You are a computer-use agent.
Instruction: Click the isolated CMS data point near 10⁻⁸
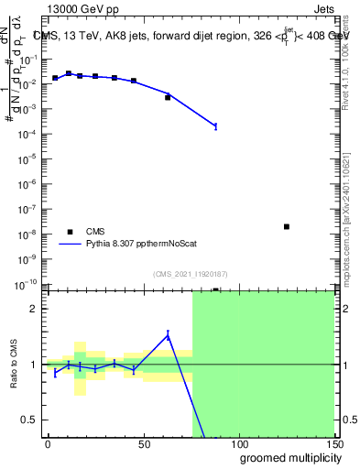(x=287, y=226)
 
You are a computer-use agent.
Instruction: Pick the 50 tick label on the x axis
(x=143, y=443)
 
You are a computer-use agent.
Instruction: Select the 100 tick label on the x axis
(x=238, y=443)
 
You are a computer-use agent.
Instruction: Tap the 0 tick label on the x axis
(x=48, y=443)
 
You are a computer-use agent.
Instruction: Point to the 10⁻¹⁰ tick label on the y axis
(x=27, y=284)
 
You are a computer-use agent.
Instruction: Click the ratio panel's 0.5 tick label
(x=28, y=420)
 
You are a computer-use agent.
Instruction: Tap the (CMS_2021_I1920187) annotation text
(x=190, y=273)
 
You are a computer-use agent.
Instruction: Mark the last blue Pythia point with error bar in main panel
(x=215, y=125)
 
